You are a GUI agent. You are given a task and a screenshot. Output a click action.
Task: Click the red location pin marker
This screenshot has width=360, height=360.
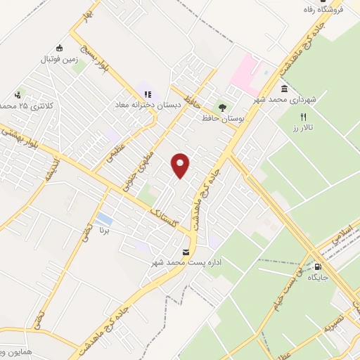click(181, 165)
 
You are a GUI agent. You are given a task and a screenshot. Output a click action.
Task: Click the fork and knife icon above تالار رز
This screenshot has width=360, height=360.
click(304, 117)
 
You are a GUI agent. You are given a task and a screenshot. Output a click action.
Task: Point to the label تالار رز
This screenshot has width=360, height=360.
click(306, 127)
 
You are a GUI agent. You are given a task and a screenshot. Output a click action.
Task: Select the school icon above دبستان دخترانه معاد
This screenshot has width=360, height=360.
click(148, 93)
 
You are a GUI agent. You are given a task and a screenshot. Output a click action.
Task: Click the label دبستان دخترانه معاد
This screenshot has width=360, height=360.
click(148, 104)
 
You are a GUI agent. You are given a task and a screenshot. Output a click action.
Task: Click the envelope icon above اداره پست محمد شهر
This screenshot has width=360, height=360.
click(186, 252)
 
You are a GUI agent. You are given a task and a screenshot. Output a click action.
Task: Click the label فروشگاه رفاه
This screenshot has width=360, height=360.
click(338, 11)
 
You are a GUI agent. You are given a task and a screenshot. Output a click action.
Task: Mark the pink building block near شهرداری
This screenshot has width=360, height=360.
click(243, 74)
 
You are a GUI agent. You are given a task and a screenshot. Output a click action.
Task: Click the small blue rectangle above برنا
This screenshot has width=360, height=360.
click(105, 219)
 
